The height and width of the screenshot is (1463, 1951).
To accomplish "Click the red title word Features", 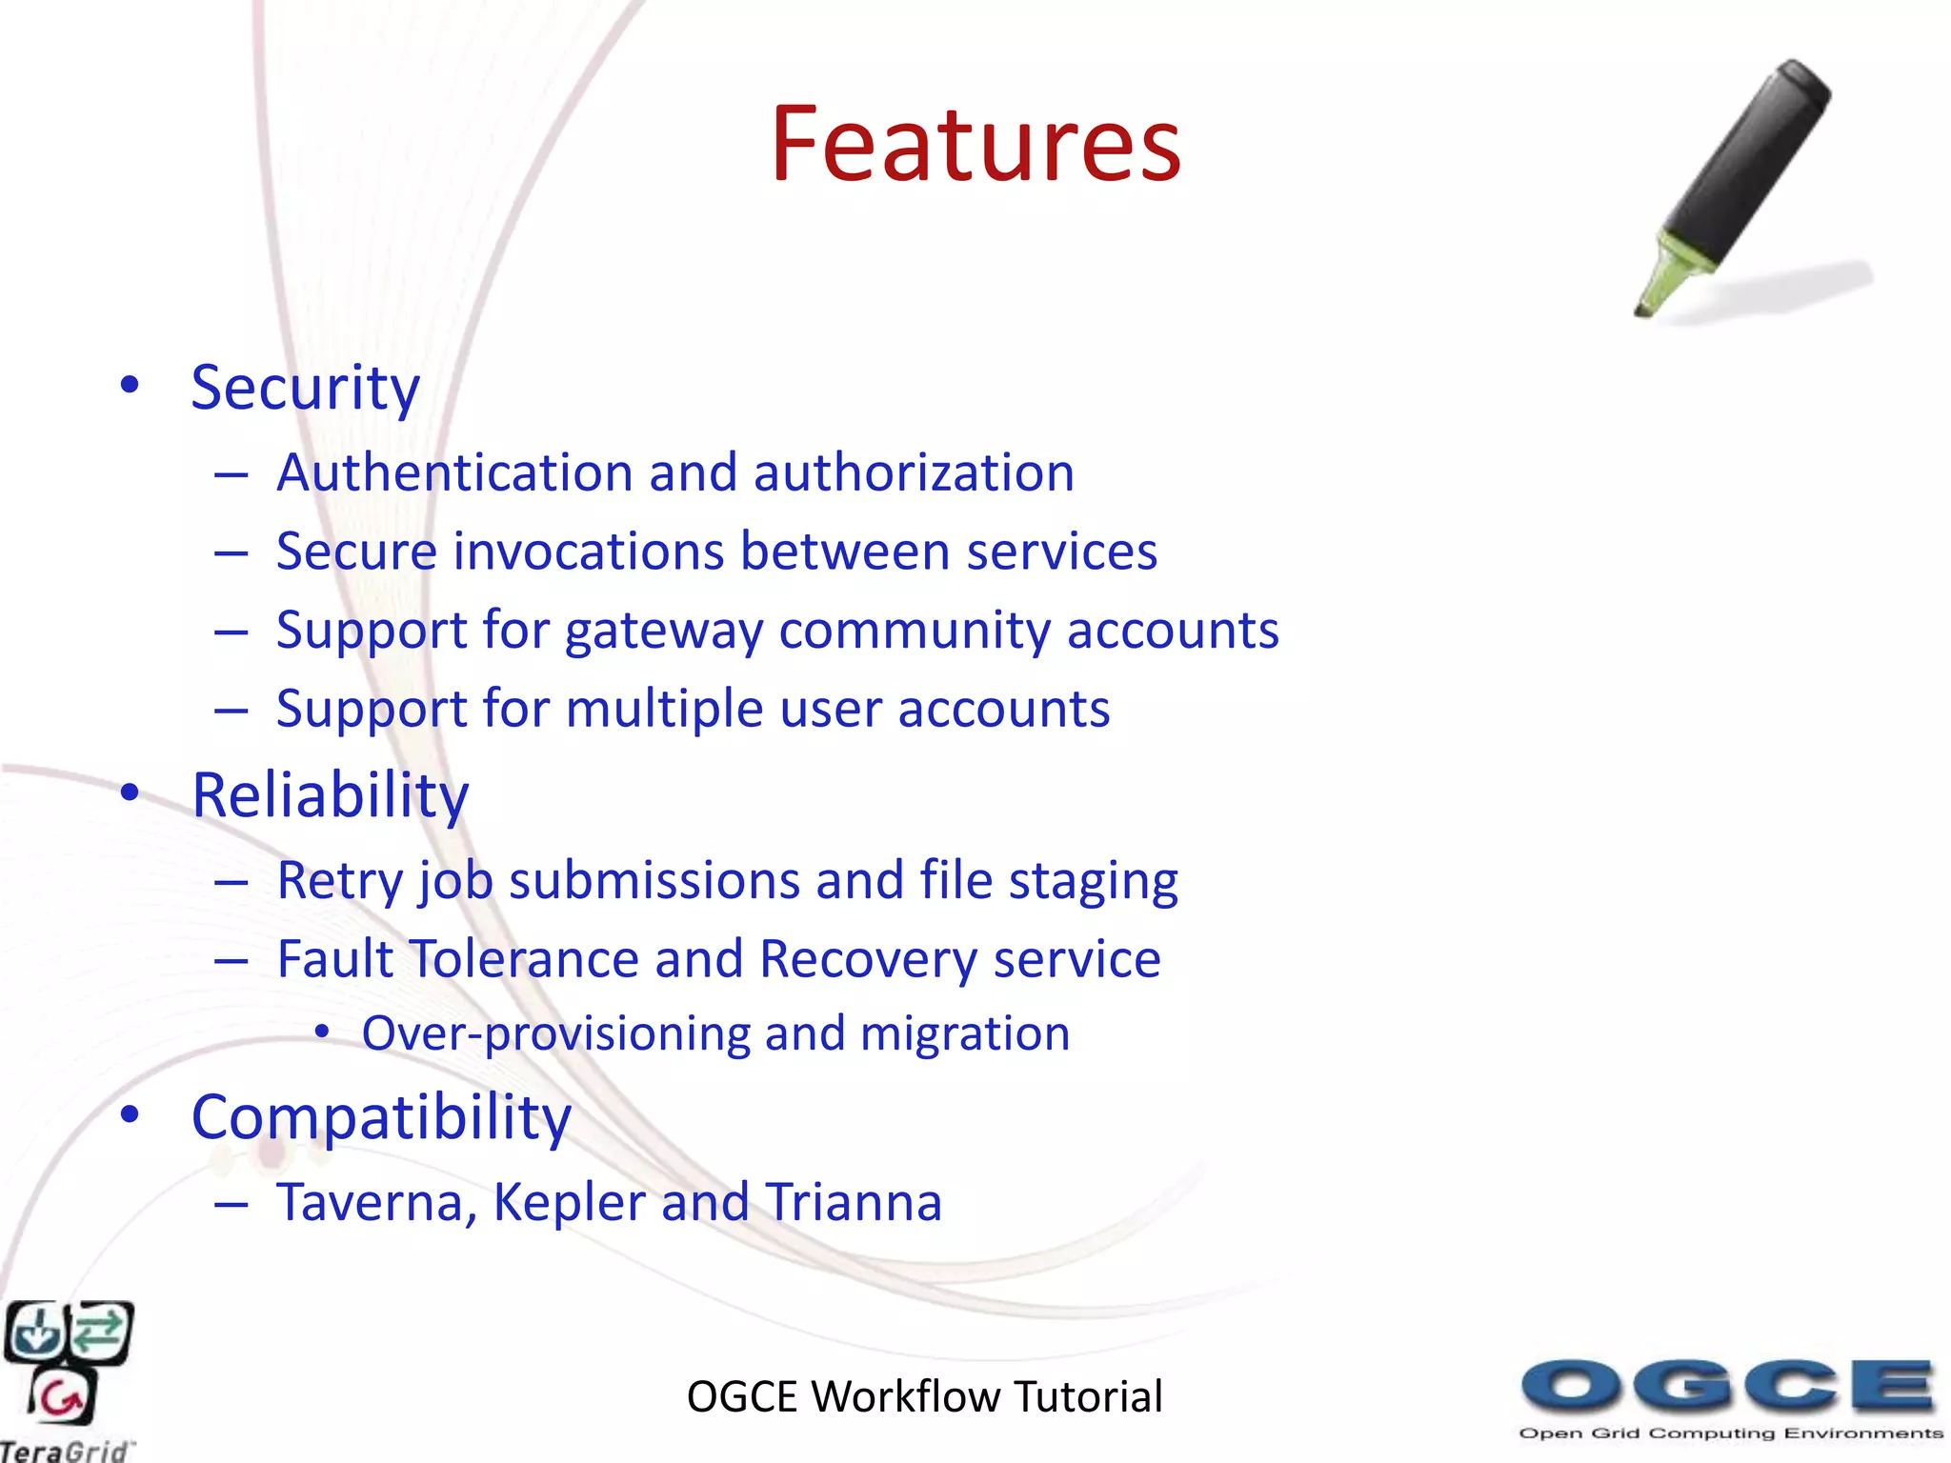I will [x=975, y=145].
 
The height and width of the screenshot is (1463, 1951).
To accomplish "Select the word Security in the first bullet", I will [x=305, y=389].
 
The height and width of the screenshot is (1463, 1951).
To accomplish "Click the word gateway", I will [x=663, y=631].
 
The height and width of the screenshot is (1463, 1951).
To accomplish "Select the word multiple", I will [x=664, y=711].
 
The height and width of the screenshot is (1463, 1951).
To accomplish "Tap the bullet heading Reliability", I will [x=330, y=795].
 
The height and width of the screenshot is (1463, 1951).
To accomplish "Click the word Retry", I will [x=339, y=881].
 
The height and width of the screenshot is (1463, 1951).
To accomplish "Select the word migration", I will [x=964, y=1034].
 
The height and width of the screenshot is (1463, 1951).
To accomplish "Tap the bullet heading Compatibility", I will [x=380, y=1117].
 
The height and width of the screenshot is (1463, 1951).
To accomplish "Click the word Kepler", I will [x=569, y=1203].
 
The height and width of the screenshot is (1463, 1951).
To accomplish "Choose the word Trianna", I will [x=853, y=1203].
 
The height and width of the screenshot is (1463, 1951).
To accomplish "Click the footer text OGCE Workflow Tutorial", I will [x=924, y=1397].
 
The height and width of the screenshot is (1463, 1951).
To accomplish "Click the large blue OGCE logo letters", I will [x=1728, y=1386].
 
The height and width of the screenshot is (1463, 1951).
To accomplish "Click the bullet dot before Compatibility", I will [x=131, y=1114].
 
